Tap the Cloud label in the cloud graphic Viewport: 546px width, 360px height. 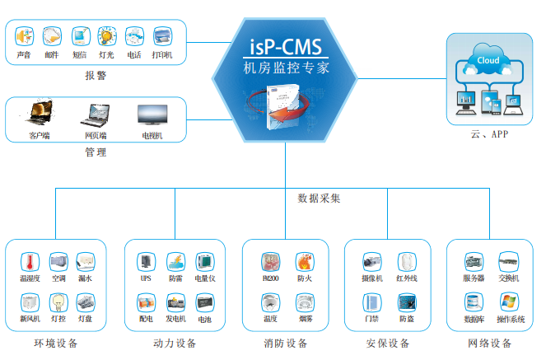(x=488, y=59)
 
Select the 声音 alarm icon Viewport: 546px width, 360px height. (x=24, y=36)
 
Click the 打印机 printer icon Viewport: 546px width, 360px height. (x=161, y=36)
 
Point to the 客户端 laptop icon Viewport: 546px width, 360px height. (x=40, y=113)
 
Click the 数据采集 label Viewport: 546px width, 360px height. (x=319, y=199)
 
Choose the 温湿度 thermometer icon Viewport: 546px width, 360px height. (x=30, y=262)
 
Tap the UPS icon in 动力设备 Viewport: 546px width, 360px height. (x=146, y=262)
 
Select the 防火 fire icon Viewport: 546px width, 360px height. (x=304, y=262)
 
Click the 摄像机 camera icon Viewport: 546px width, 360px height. (x=372, y=262)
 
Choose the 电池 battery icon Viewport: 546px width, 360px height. (x=204, y=302)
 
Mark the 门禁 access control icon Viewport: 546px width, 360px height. (x=372, y=302)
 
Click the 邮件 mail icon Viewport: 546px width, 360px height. (x=51, y=36)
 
